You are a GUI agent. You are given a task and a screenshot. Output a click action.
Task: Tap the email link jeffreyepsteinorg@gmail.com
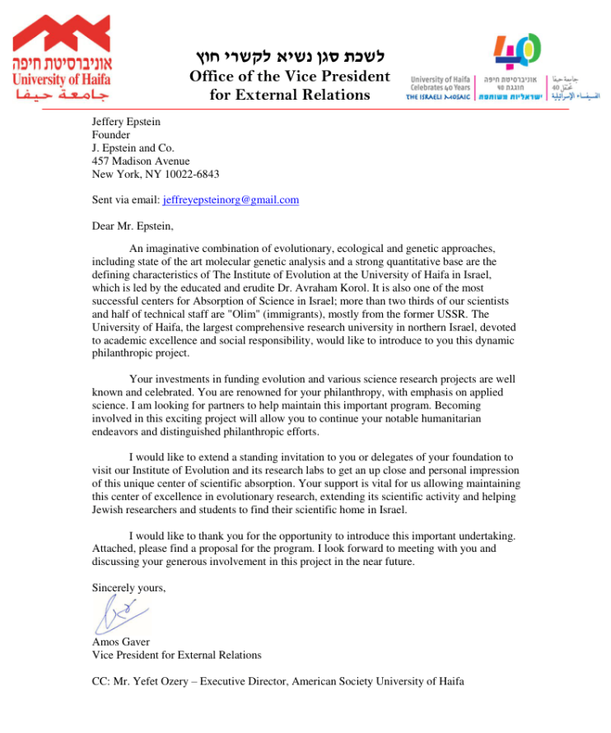tap(231, 200)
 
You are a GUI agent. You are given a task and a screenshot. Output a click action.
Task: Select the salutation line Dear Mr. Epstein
tap(133, 226)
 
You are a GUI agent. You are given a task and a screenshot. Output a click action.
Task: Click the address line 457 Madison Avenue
tap(141, 161)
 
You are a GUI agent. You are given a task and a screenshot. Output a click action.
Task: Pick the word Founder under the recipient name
tap(111, 135)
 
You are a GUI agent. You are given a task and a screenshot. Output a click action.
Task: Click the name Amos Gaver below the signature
tap(122, 642)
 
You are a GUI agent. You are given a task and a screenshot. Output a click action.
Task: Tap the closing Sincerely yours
tap(128, 587)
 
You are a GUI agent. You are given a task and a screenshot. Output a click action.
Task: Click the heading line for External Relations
tap(291, 95)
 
